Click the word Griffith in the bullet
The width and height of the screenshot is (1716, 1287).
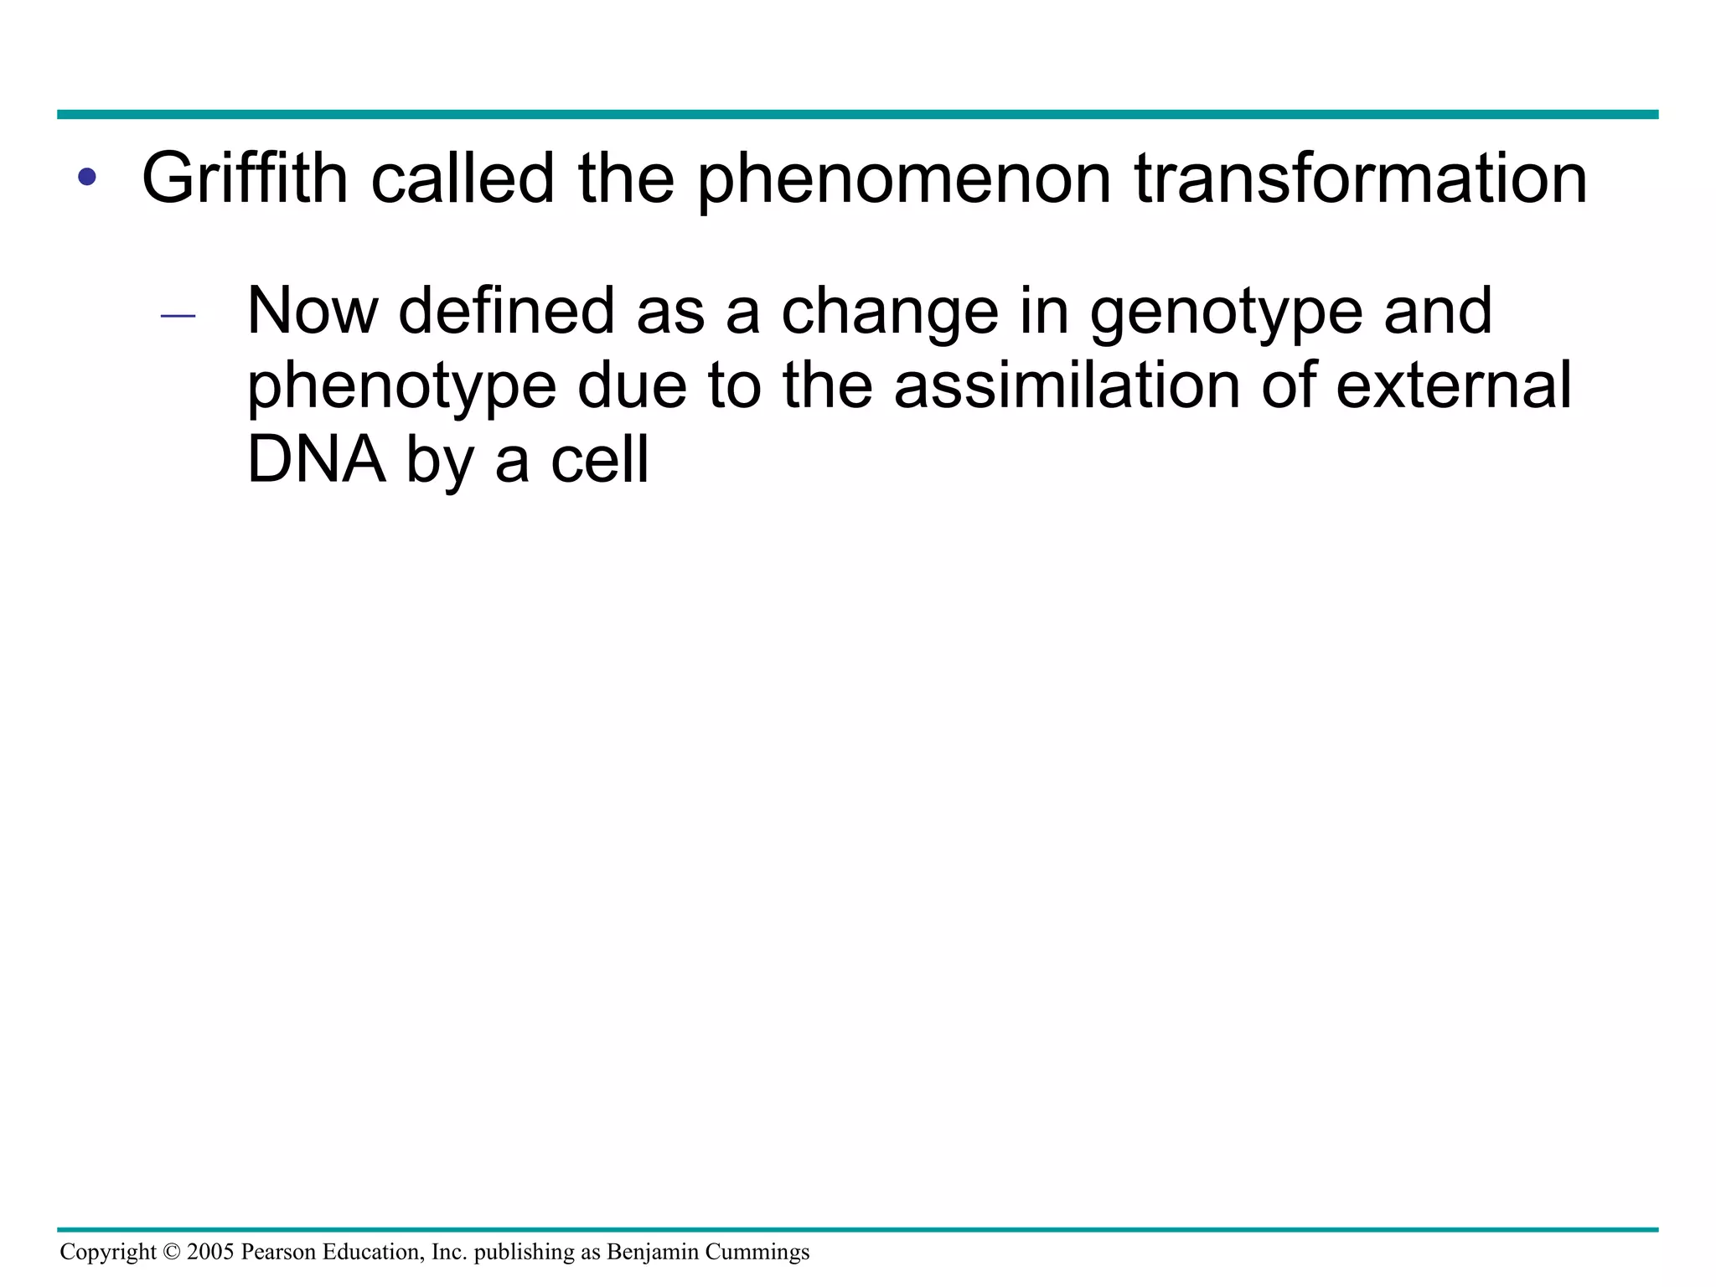[x=245, y=178]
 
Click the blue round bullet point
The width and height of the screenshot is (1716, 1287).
[x=86, y=177]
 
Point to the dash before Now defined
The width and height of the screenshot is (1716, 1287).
[x=178, y=317]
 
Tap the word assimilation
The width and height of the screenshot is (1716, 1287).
[x=1067, y=385]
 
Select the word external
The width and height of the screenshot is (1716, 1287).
[x=1453, y=385]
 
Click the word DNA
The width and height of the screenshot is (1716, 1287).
[x=317, y=460]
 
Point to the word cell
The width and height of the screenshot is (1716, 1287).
[x=600, y=460]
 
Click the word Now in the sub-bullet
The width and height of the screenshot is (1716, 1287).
[x=312, y=312]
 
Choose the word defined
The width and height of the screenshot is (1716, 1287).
[x=508, y=311]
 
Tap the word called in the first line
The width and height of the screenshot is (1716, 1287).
[x=463, y=178]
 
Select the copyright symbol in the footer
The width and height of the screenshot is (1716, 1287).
[x=172, y=1252]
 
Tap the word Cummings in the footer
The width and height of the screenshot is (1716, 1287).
[x=757, y=1253]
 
